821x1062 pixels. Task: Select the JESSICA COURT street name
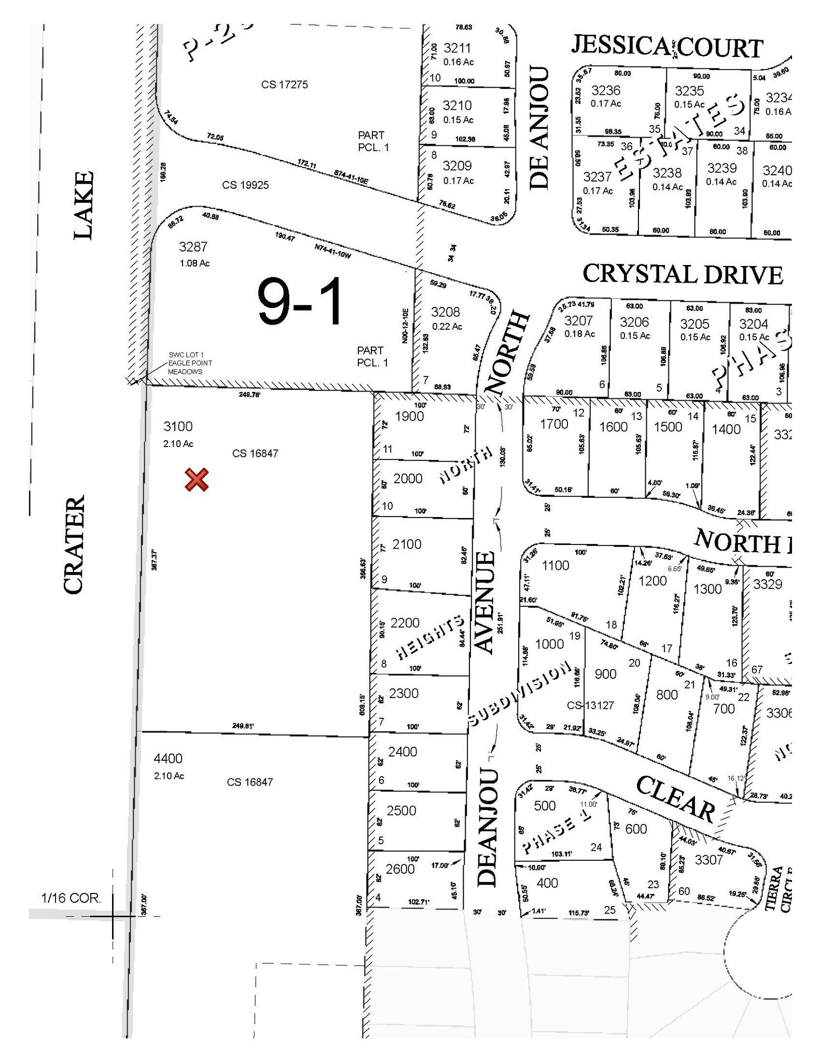[x=667, y=47]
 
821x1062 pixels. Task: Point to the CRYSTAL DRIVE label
[x=683, y=274]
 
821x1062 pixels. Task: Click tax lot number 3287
[x=193, y=246]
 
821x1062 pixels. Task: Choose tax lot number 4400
[x=168, y=759]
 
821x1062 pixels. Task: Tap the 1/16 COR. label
[x=71, y=898]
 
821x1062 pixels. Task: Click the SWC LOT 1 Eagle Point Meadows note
[x=190, y=363]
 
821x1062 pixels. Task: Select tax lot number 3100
[x=178, y=426]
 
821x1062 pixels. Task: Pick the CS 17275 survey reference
[x=284, y=84]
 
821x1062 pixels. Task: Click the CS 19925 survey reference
[x=245, y=185]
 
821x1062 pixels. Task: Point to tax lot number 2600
[x=400, y=869]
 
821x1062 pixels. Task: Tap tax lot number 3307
[x=708, y=860]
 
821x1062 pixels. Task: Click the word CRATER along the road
[x=74, y=544]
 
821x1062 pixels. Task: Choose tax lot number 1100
[x=555, y=565]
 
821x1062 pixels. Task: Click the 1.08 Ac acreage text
[x=194, y=263]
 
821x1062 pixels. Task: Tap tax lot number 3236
[x=606, y=90]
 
